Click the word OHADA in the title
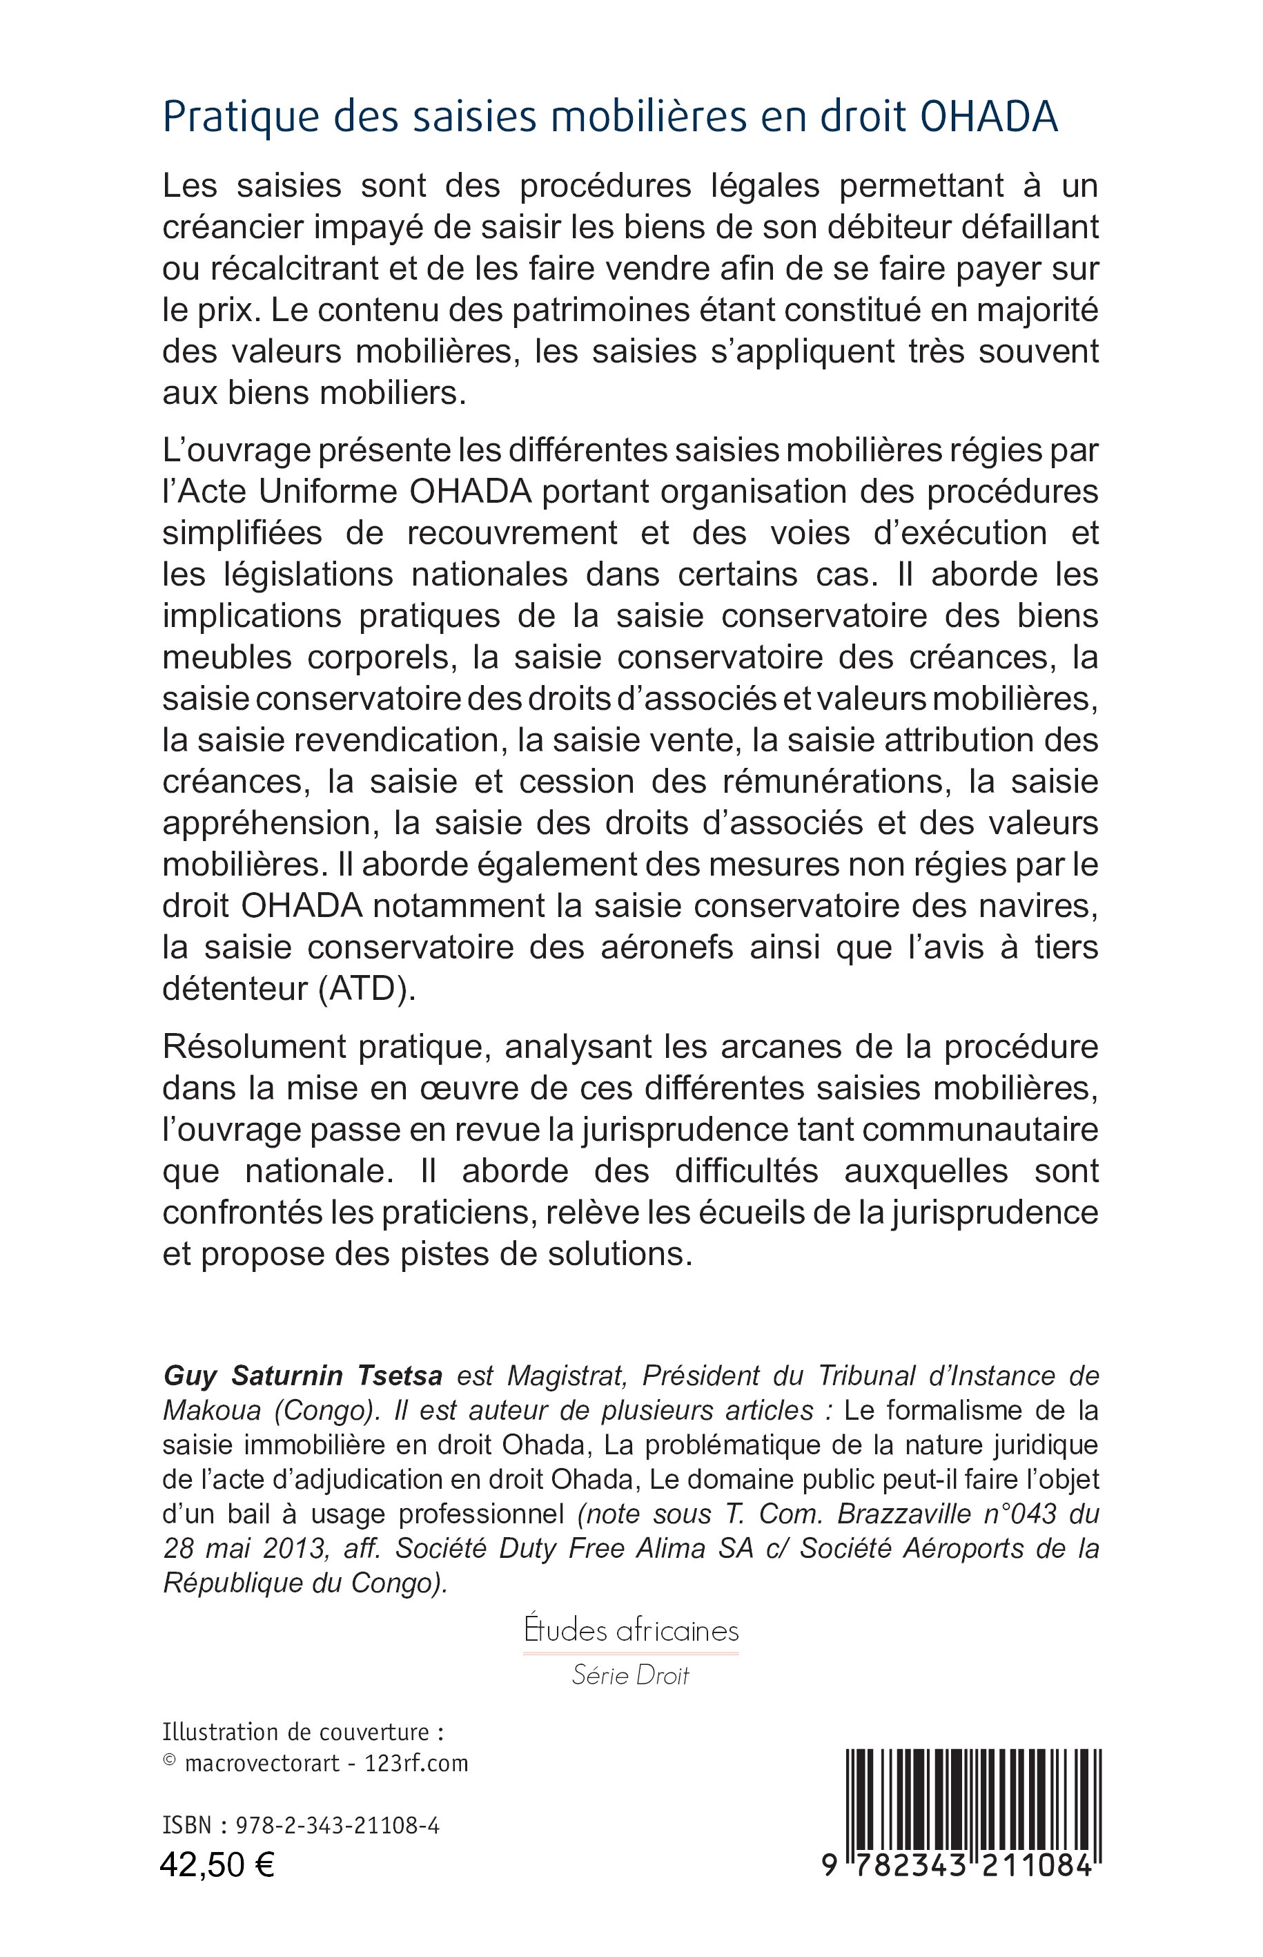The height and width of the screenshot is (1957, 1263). coord(989,117)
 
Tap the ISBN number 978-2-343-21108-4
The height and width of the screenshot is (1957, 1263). coord(337,1826)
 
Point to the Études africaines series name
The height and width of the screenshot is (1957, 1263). coord(631,1630)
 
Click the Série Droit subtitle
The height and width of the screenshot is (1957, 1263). coord(631,1675)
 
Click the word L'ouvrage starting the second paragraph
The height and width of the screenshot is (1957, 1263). coord(228,450)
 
